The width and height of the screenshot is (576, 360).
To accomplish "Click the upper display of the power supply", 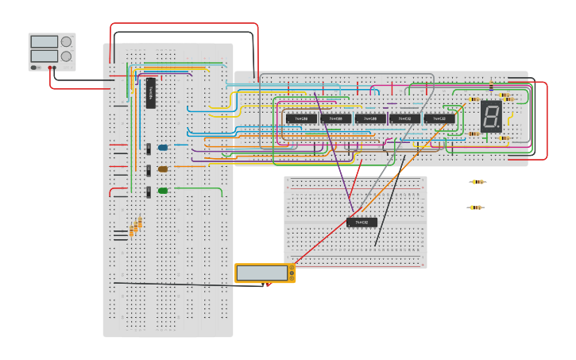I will tap(44, 41).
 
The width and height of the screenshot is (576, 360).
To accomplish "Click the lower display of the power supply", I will tap(44, 56).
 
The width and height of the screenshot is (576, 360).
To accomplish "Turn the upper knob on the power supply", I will tap(66, 41).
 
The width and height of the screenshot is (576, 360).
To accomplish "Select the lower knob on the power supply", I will tap(66, 56).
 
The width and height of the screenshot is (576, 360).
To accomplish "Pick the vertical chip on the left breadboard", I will tap(150, 92).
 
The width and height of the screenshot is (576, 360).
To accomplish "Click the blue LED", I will tap(163, 147).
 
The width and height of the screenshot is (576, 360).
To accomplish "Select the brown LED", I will tap(163, 168).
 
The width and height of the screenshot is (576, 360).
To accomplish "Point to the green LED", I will tap(163, 191).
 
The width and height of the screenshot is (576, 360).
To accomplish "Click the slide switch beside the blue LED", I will tap(149, 148).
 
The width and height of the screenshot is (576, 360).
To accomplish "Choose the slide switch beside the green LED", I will tap(149, 192).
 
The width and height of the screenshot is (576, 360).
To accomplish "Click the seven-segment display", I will tap(491, 116).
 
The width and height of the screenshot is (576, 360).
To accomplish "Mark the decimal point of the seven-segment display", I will tap(499, 126).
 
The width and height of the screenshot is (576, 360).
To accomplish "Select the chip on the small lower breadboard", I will tap(361, 223).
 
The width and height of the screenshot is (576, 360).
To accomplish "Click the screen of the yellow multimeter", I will tap(262, 273).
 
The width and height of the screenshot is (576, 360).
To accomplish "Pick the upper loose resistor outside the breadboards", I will tap(477, 182).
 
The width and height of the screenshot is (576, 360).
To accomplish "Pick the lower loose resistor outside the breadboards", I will tap(475, 207).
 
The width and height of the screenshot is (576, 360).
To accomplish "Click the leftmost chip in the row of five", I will tap(301, 118).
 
